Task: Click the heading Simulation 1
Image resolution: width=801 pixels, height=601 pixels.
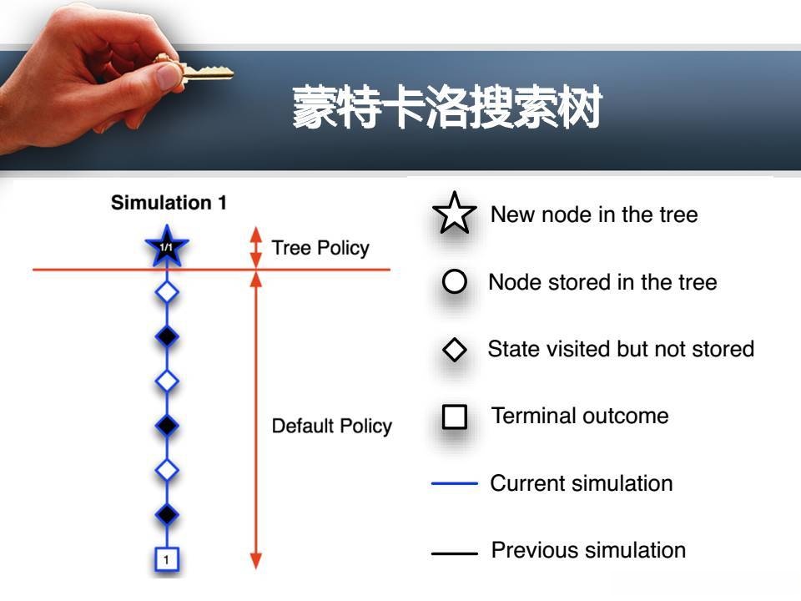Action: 169,203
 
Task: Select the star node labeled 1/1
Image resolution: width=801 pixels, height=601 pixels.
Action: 167,247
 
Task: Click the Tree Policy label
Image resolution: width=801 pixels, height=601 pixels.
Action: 320,248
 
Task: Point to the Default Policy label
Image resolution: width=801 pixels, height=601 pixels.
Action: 331,426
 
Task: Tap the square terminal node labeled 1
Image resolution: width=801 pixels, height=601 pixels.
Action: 166,559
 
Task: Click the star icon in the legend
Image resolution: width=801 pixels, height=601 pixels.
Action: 454,214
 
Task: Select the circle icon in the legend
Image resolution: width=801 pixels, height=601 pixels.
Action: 454,282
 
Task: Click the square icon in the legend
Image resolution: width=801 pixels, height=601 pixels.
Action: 454,417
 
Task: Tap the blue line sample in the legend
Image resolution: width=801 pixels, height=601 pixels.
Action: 454,483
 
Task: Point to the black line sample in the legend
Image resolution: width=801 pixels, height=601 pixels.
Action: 454,552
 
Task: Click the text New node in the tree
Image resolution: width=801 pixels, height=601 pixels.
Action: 593,215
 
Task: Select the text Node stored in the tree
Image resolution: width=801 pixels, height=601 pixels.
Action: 602,282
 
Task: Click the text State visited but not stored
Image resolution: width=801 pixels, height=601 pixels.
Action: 621,349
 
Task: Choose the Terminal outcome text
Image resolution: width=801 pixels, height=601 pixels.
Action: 580,416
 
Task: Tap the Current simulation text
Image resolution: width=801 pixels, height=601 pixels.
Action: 581,483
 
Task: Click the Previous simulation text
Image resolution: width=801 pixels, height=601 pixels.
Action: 588,551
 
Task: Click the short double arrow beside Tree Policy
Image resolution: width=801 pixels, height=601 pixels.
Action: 256,247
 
